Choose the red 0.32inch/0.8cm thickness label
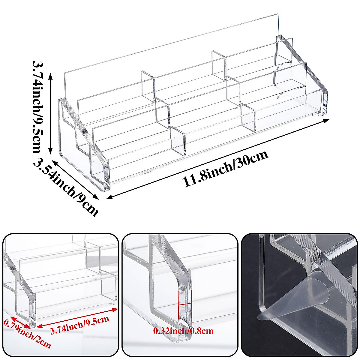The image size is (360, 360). (183, 331)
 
